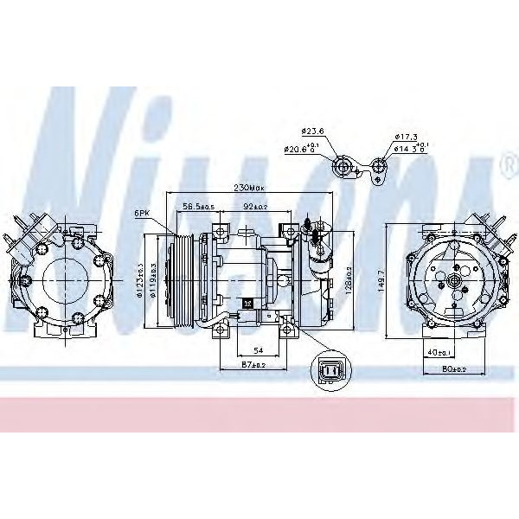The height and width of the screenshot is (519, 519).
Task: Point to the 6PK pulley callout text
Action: [x=143, y=212]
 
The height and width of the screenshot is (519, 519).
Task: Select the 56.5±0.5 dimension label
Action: [x=197, y=207]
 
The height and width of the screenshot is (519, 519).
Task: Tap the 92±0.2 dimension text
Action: [x=256, y=207]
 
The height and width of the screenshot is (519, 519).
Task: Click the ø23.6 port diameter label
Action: [x=312, y=131]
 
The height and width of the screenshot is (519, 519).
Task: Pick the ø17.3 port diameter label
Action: [x=406, y=138]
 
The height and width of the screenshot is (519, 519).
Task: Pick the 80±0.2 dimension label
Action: [x=453, y=369]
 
